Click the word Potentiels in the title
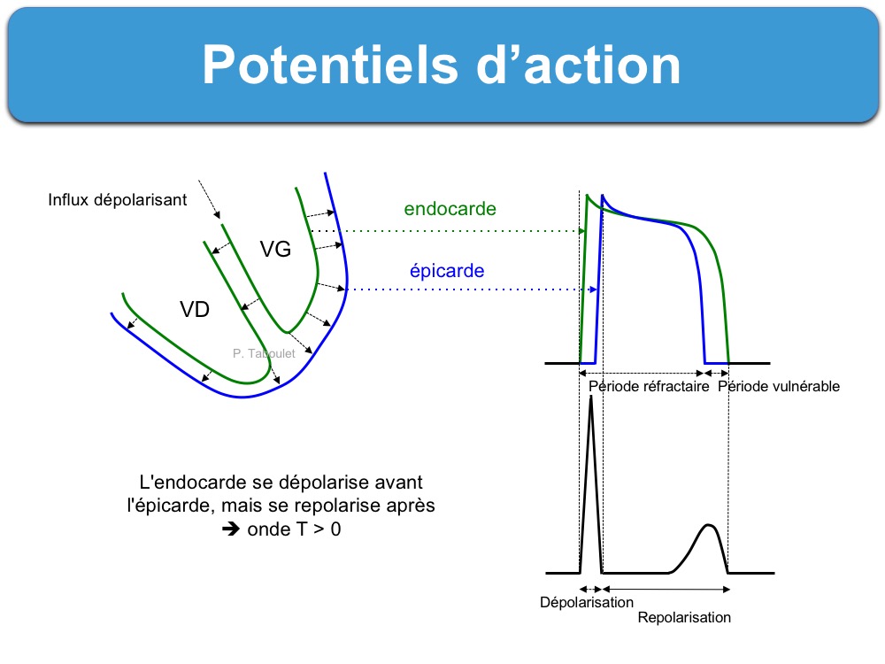(x=330, y=65)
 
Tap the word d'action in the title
(x=579, y=65)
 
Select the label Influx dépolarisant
(x=118, y=200)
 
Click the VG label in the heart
(x=275, y=249)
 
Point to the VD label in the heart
(x=195, y=309)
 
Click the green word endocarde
(x=450, y=209)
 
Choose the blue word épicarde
(x=447, y=271)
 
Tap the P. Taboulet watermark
(x=264, y=353)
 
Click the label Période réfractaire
(x=649, y=387)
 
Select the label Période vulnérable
(x=779, y=387)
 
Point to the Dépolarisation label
(x=587, y=602)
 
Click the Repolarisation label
(x=684, y=618)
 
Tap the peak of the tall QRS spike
(x=591, y=398)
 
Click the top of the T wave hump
(x=709, y=526)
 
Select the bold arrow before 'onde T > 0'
(x=231, y=529)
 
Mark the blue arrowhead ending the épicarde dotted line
(x=593, y=290)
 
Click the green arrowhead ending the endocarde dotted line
(x=581, y=231)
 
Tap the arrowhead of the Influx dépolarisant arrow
(x=218, y=214)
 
